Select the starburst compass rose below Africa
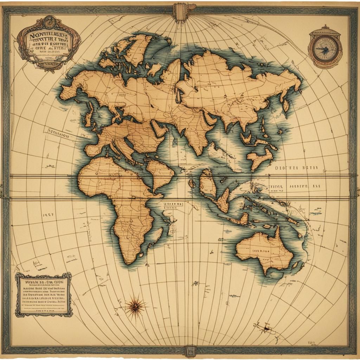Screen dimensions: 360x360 [135, 307]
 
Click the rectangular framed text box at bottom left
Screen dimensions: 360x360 [44, 294]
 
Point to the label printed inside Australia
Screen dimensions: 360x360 [261, 251]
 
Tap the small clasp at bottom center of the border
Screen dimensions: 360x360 [190, 350]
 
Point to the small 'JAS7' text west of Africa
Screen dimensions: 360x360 [48, 214]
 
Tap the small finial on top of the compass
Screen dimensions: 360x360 [325, 27]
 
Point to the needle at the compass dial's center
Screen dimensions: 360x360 [325, 49]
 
